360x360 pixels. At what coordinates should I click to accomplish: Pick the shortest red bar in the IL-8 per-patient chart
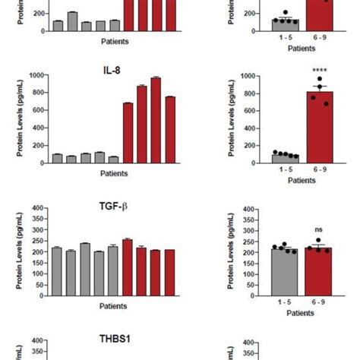tap(128, 133)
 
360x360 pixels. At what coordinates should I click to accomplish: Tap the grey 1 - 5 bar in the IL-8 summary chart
tap(285, 159)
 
